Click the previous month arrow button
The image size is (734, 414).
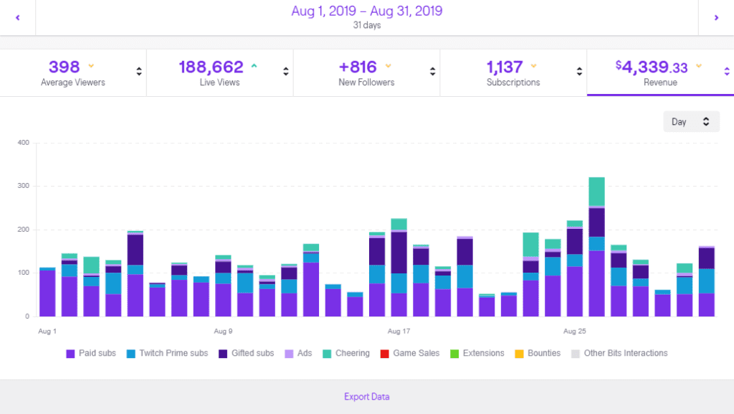pyautogui.click(x=17, y=18)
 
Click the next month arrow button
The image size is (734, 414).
pyautogui.click(x=716, y=18)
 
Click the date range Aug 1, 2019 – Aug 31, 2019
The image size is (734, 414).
pyautogui.click(x=366, y=11)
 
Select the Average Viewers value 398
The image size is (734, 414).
pyautogui.click(x=65, y=67)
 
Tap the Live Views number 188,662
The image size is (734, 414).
pyautogui.click(x=211, y=67)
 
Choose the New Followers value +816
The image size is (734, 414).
pyautogui.click(x=358, y=67)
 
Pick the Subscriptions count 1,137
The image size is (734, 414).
pyautogui.click(x=505, y=67)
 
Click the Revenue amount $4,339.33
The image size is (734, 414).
pyautogui.click(x=652, y=67)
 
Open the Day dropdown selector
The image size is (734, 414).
pyautogui.click(x=691, y=122)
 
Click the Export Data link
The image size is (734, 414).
pyautogui.click(x=366, y=397)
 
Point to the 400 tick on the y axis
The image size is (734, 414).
pyautogui.click(x=23, y=143)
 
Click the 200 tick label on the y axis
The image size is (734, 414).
pyautogui.click(x=23, y=230)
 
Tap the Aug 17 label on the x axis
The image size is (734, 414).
pyautogui.click(x=399, y=331)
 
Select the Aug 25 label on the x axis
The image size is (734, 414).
pyautogui.click(x=575, y=331)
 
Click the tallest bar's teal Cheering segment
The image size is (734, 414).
pyautogui.click(x=596, y=192)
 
